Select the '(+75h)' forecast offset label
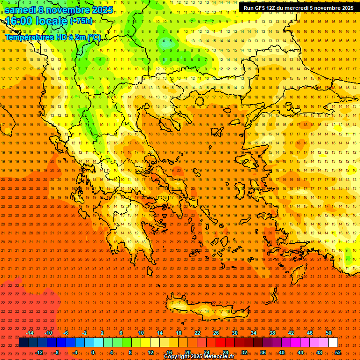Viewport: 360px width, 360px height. [81, 21]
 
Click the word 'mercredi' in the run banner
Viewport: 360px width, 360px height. [302, 8]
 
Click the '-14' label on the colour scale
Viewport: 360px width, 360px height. [30, 333]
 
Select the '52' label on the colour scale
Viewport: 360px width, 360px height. [338, 352]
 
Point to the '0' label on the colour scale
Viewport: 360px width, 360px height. [93, 352]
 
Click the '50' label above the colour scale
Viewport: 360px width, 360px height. [329, 333]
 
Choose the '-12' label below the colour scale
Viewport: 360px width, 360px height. [39, 352]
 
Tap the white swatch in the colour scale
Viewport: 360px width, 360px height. [333, 343]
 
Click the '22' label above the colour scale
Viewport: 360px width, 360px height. [197, 333]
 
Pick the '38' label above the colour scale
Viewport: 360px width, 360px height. [272, 333]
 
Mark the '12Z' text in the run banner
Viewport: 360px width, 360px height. [271, 8]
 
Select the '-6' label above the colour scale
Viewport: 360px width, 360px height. [66, 333]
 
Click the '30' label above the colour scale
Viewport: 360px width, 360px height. [235, 333]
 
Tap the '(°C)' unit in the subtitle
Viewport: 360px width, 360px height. [94, 37]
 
